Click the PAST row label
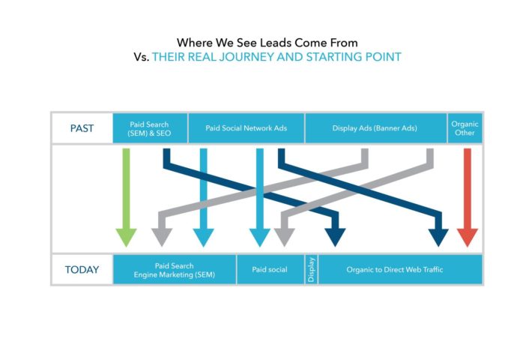point(82,128)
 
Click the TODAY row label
point(82,270)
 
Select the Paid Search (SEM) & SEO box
point(150,128)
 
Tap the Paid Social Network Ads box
point(247,128)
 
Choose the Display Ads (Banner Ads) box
point(375,128)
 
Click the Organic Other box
point(465,128)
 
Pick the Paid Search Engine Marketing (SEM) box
point(175,270)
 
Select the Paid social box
point(270,270)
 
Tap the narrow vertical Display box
point(311,270)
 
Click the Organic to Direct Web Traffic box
point(400,270)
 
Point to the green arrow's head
point(126,238)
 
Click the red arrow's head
point(468,238)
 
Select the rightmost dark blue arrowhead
point(438,238)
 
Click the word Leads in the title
point(276,43)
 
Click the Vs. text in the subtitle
point(141,57)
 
